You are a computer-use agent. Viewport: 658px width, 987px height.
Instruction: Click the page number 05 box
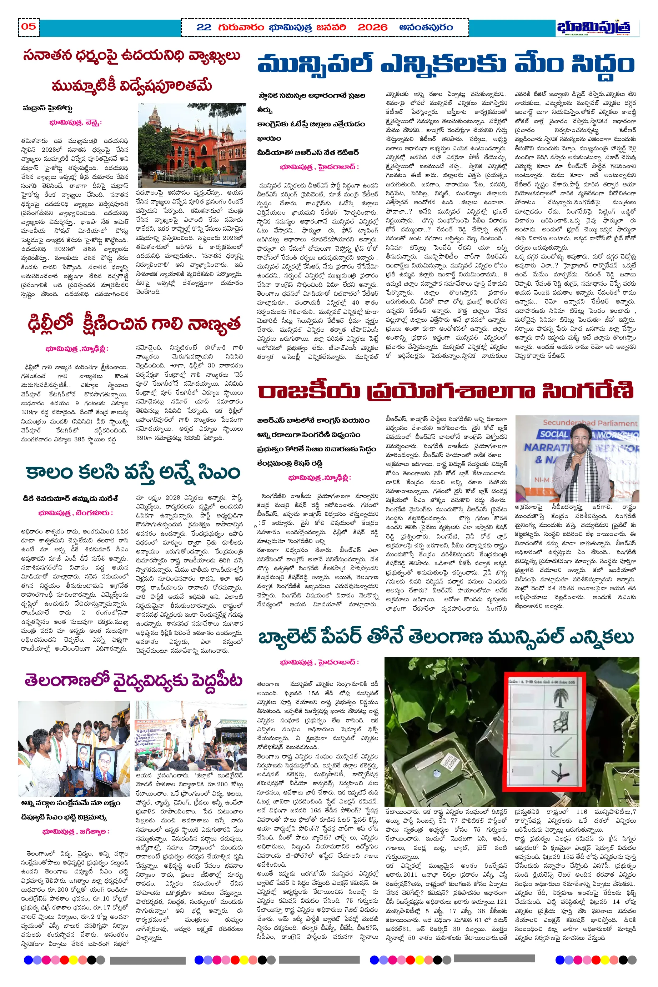pos(29,27)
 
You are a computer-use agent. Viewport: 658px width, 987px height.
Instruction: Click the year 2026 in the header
pos(372,27)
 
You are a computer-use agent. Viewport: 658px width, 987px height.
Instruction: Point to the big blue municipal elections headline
pos(445,65)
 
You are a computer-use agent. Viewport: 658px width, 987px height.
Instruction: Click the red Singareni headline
pos(445,391)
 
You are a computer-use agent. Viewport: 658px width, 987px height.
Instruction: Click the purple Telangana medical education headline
pos(133,680)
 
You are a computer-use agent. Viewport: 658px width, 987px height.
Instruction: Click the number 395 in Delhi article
pos(79,439)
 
